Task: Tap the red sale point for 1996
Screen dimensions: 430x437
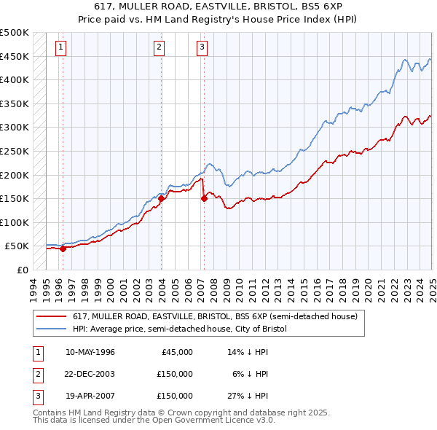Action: [x=63, y=249]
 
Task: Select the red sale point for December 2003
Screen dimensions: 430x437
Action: [x=161, y=198]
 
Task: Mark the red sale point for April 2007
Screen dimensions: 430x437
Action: [x=204, y=198]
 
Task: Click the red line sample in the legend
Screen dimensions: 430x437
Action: [x=52, y=317]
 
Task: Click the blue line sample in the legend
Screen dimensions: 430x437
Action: [x=52, y=329]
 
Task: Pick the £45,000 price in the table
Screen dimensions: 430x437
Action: [x=177, y=352]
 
